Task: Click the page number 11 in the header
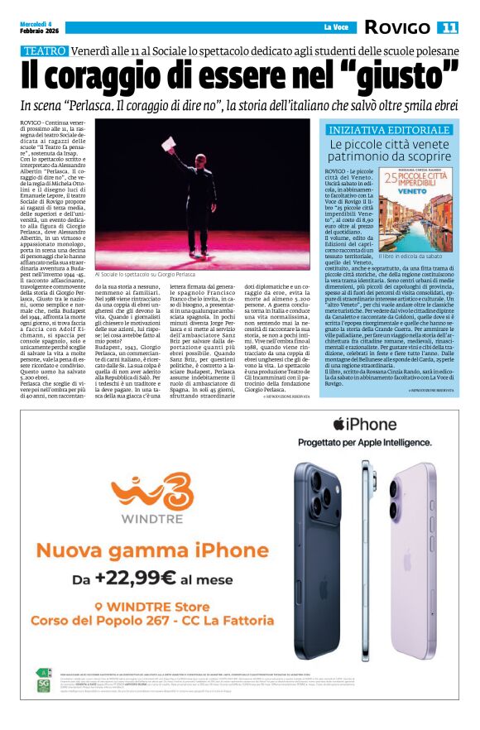click(x=449, y=27)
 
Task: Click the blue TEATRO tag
click(x=45, y=50)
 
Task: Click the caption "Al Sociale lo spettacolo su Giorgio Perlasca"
click(x=146, y=274)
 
